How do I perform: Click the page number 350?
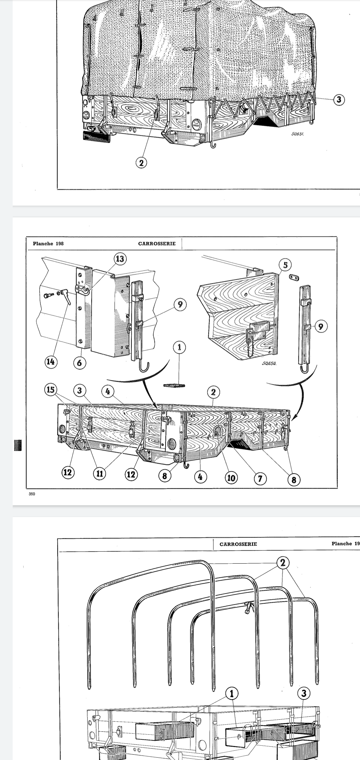pyautogui.click(x=32, y=494)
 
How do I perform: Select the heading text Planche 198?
pyautogui.click(x=48, y=243)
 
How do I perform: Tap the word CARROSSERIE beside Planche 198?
pyautogui.click(x=157, y=243)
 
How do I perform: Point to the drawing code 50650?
pyautogui.click(x=269, y=364)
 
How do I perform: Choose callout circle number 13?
pyautogui.click(x=120, y=259)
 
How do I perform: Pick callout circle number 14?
pyautogui.click(x=50, y=361)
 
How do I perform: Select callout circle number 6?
pyautogui.click(x=79, y=363)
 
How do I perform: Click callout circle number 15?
pyautogui.click(x=50, y=389)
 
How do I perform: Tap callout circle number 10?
pyautogui.click(x=231, y=478)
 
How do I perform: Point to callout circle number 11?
pyautogui.click(x=99, y=473)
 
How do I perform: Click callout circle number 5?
pyautogui.click(x=285, y=265)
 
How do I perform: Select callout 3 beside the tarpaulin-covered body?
pyautogui.click(x=339, y=99)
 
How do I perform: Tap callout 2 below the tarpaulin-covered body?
pyautogui.click(x=141, y=163)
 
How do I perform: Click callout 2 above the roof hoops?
pyautogui.click(x=283, y=563)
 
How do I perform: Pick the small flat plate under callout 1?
pyautogui.click(x=174, y=386)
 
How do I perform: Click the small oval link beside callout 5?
pyautogui.click(x=293, y=278)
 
